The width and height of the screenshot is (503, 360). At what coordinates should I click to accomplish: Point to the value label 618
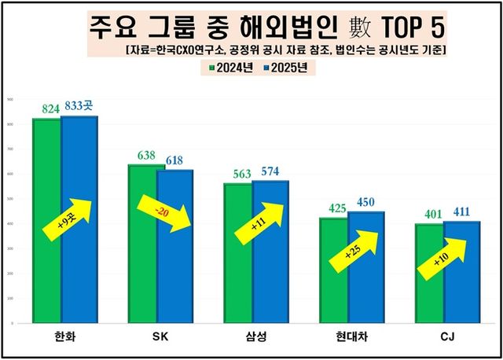tap(174, 160)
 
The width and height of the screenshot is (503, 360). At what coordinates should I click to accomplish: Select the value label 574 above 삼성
tap(270, 171)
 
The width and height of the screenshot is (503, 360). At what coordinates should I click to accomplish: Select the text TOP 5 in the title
tap(406, 28)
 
